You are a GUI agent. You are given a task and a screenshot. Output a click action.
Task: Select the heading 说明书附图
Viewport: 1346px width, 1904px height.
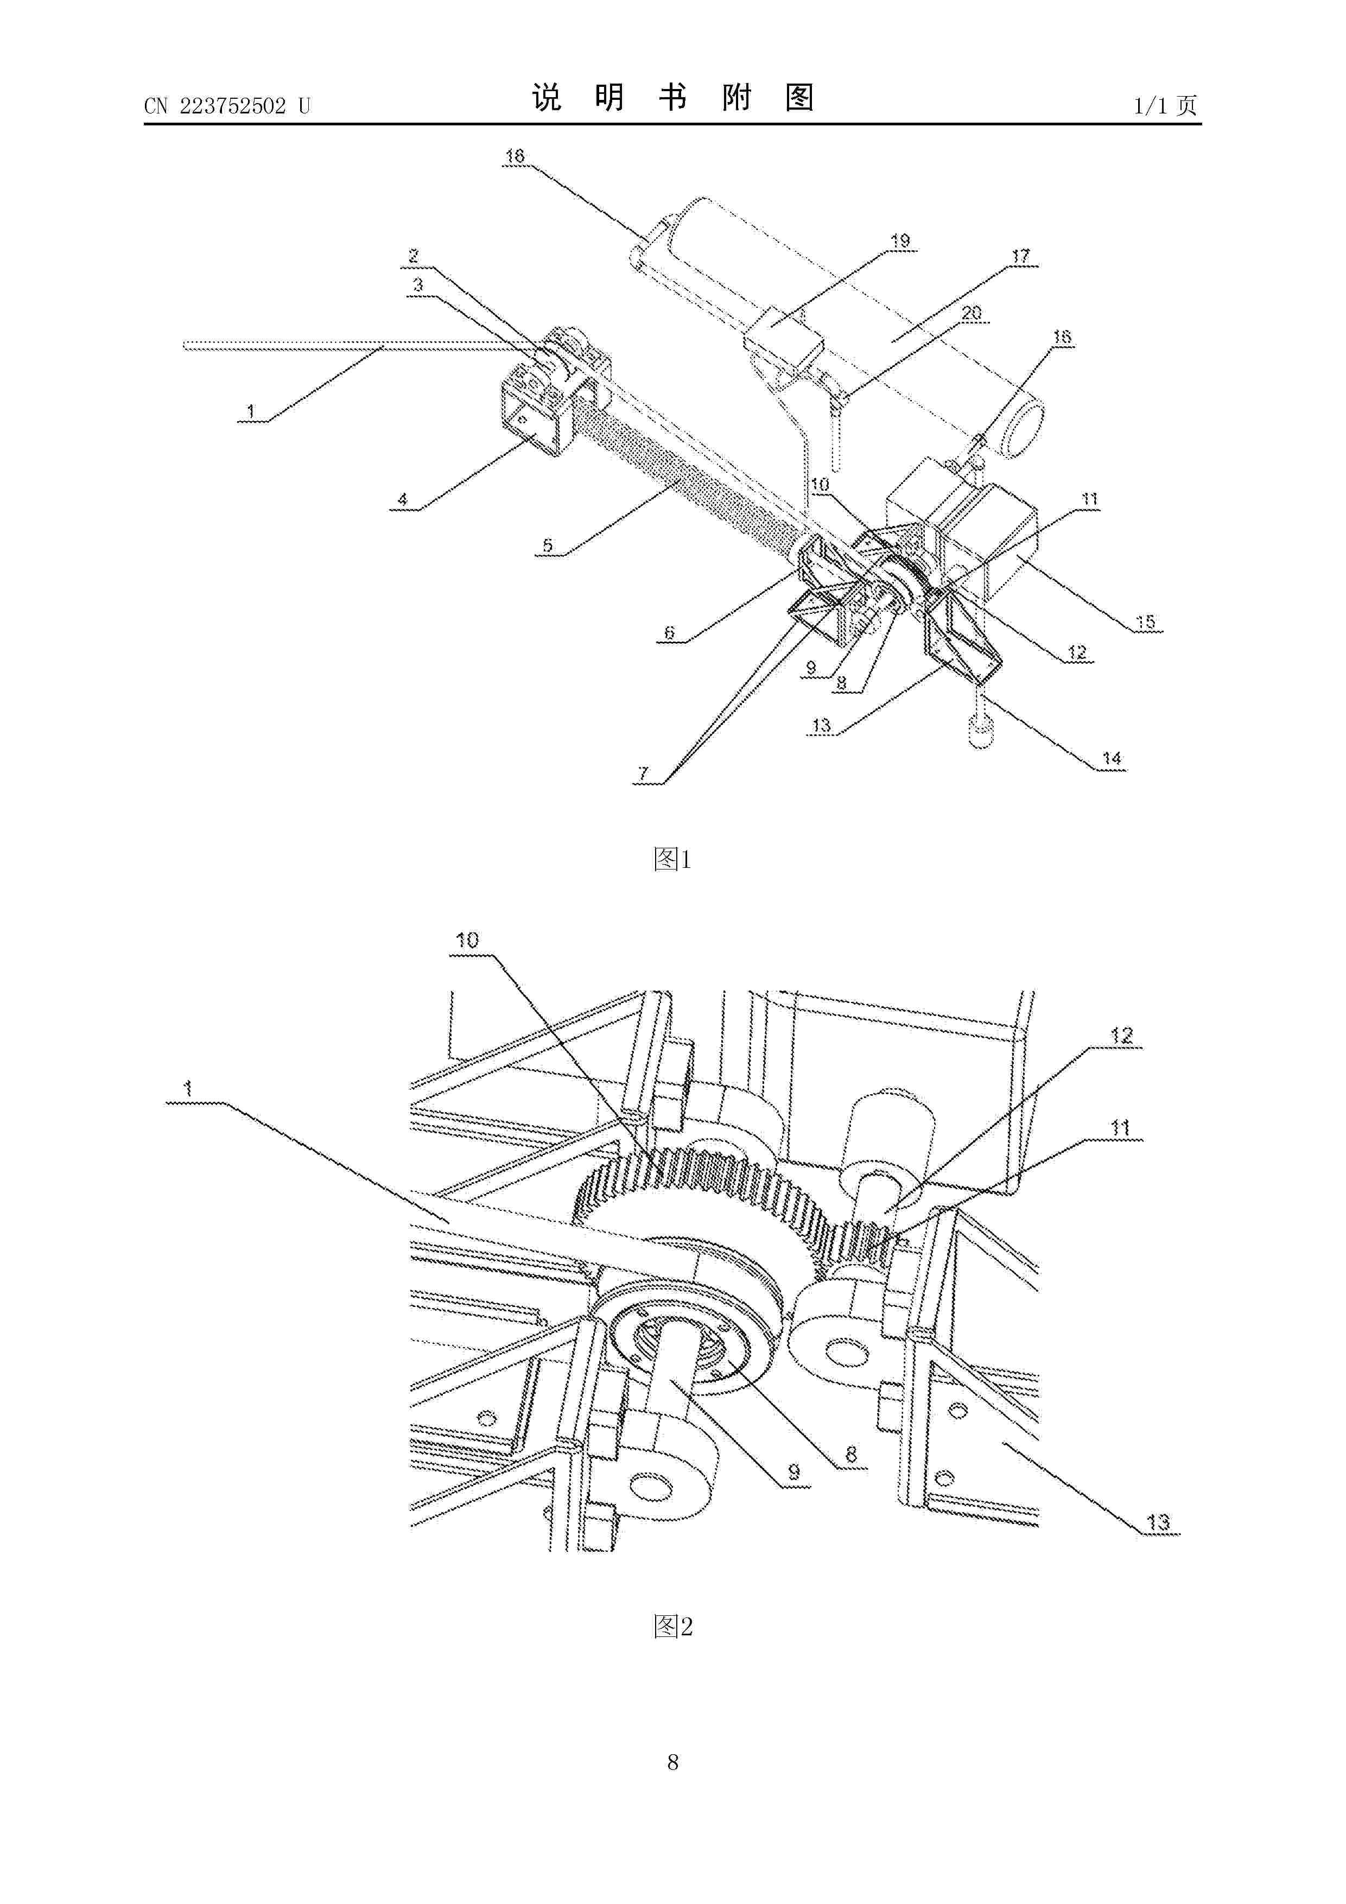672,98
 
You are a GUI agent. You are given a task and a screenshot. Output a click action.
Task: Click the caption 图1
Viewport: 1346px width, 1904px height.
672,859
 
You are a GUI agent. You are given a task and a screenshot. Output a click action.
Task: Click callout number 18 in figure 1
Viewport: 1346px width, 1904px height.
515,156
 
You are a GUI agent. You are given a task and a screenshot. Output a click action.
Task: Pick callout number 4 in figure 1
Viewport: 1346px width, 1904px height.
403,499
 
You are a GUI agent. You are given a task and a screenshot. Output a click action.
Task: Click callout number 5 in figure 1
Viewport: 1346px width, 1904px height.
548,545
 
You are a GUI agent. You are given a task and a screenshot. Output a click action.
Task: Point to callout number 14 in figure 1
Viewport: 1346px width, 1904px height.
1112,758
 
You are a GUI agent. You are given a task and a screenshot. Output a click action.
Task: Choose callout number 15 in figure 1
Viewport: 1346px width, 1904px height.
1145,622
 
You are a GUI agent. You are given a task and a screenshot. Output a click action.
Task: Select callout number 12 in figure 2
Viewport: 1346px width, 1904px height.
1121,1035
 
